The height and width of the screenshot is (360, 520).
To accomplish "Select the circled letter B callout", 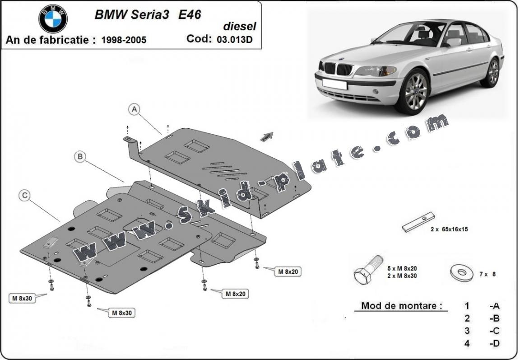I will [x=80, y=157].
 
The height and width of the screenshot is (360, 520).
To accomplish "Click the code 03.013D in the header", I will [x=235, y=39].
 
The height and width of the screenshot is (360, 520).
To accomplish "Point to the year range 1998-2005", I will [x=124, y=40].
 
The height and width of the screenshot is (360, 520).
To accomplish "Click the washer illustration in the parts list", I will [x=461, y=273].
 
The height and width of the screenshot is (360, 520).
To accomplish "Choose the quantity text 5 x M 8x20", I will [x=402, y=268].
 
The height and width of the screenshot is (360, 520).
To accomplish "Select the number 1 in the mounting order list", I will [x=467, y=306].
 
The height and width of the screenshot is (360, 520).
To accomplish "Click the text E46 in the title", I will [x=190, y=14].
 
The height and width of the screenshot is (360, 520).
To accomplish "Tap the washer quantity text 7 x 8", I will [x=487, y=274].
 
